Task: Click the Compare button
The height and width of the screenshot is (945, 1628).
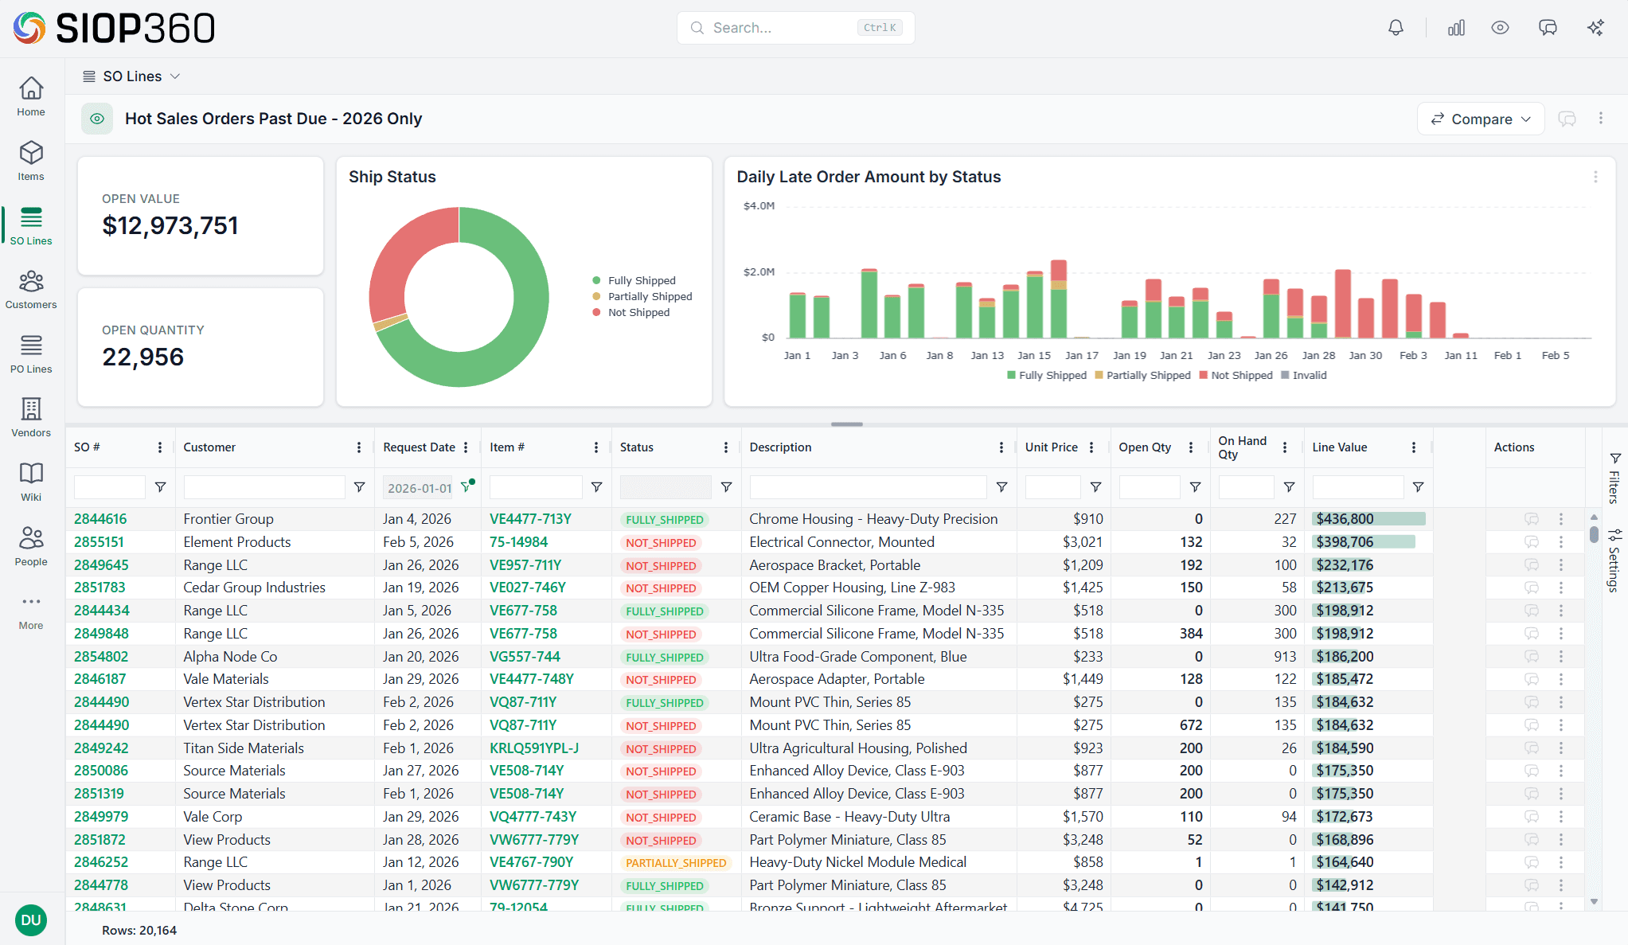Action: (x=1480, y=119)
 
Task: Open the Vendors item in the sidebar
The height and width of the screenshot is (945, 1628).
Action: (x=31, y=417)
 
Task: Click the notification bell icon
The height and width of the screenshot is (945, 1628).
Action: (x=1396, y=28)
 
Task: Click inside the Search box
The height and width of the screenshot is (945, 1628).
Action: (x=780, y=28)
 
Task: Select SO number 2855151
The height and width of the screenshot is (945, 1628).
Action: (x=100, y=542)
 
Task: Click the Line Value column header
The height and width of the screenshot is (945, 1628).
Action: (x=1340, y=447)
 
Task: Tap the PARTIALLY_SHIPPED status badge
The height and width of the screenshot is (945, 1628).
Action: (x=675, y=863)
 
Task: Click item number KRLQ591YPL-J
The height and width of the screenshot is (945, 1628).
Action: (x=533, y=748)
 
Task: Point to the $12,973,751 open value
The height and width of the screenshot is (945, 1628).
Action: (x=170, y=226)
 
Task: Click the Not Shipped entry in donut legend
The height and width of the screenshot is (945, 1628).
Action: (x=638, y=313)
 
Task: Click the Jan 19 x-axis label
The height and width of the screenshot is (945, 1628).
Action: (x=1129, y=356)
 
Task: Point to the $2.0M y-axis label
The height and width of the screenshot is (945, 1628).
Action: (x=759, y=272)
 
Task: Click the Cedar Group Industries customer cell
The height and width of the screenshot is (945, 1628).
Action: (x=254, y=588)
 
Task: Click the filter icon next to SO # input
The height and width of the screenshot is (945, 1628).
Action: (x=160, y=487)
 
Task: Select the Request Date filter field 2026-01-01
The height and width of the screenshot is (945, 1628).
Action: (x=419, y=488)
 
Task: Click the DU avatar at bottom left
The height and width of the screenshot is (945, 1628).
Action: (x=31, y=920)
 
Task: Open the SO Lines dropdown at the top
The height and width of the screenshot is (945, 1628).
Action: (x=132, y=76)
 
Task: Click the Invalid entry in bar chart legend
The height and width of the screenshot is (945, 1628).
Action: (x=1309, y=376)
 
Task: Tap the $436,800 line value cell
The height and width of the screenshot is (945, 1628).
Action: (x=1345, y=519)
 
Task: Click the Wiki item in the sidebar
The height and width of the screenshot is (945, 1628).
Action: (x=31, y=482)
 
